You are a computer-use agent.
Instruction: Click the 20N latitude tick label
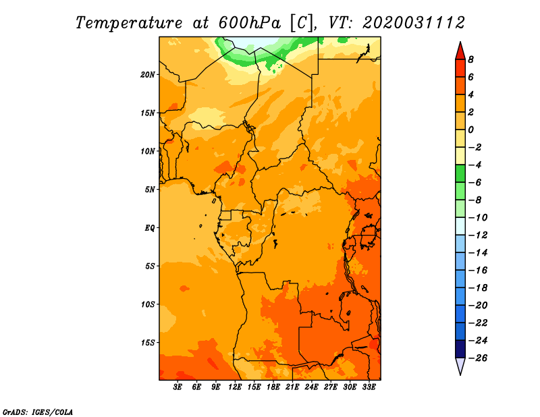[x=148, y=75]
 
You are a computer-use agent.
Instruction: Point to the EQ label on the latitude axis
[x=150, y=228]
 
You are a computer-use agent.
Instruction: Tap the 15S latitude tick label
[x=148, y=343]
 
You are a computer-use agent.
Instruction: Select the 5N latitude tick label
[x=150, y=190]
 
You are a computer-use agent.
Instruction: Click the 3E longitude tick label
[x=178, y=387]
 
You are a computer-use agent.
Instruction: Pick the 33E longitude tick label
[x=369, y=387]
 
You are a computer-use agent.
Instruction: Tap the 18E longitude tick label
[x=273, y=387]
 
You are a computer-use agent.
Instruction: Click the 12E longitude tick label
[x=235, y=387]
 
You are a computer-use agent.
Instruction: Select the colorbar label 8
[x=470, y=59]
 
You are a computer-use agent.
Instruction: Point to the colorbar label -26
[x=478, y=358]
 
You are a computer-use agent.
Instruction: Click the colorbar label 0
[x=470, y=130]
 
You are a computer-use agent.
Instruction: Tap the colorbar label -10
[x=478, y=218]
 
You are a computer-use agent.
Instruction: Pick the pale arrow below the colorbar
[x=460, y=365]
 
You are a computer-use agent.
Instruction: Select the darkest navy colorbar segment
[x=460, y=349]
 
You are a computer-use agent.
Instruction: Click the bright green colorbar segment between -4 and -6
[x=460, y=173]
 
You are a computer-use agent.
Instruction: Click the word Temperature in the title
[x=129, y=23]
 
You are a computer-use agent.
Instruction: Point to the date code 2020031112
[x=414, y=23]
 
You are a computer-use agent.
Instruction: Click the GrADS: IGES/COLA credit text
[x=38, y=412]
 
